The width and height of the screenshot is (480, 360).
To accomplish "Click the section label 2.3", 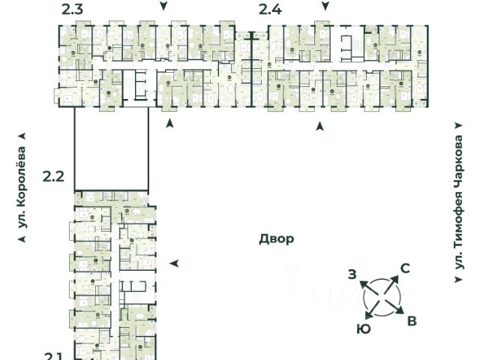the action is [x=72, y=9].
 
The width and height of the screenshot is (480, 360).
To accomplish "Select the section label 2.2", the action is [x=53, y=177].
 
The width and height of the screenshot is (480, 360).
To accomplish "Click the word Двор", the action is [x=277, y=239].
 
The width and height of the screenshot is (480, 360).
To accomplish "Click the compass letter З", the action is [x=352, y=274].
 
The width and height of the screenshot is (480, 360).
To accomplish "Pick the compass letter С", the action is [x=404, y=268].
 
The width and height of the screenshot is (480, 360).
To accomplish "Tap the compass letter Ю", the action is [x=363, y=328].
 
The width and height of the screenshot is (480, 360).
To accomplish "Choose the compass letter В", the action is [x=412, y=321].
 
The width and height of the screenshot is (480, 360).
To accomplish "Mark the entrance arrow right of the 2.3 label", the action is [x=164, y=6].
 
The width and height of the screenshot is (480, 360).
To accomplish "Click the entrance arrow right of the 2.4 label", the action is [x=324, y=6].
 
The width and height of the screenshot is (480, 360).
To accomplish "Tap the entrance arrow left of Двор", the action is [x=174, y=263].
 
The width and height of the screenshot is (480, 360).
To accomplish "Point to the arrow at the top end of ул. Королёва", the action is [x=22, y=136].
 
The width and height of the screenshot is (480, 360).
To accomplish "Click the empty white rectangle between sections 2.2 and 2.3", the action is [x=111, y=149].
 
